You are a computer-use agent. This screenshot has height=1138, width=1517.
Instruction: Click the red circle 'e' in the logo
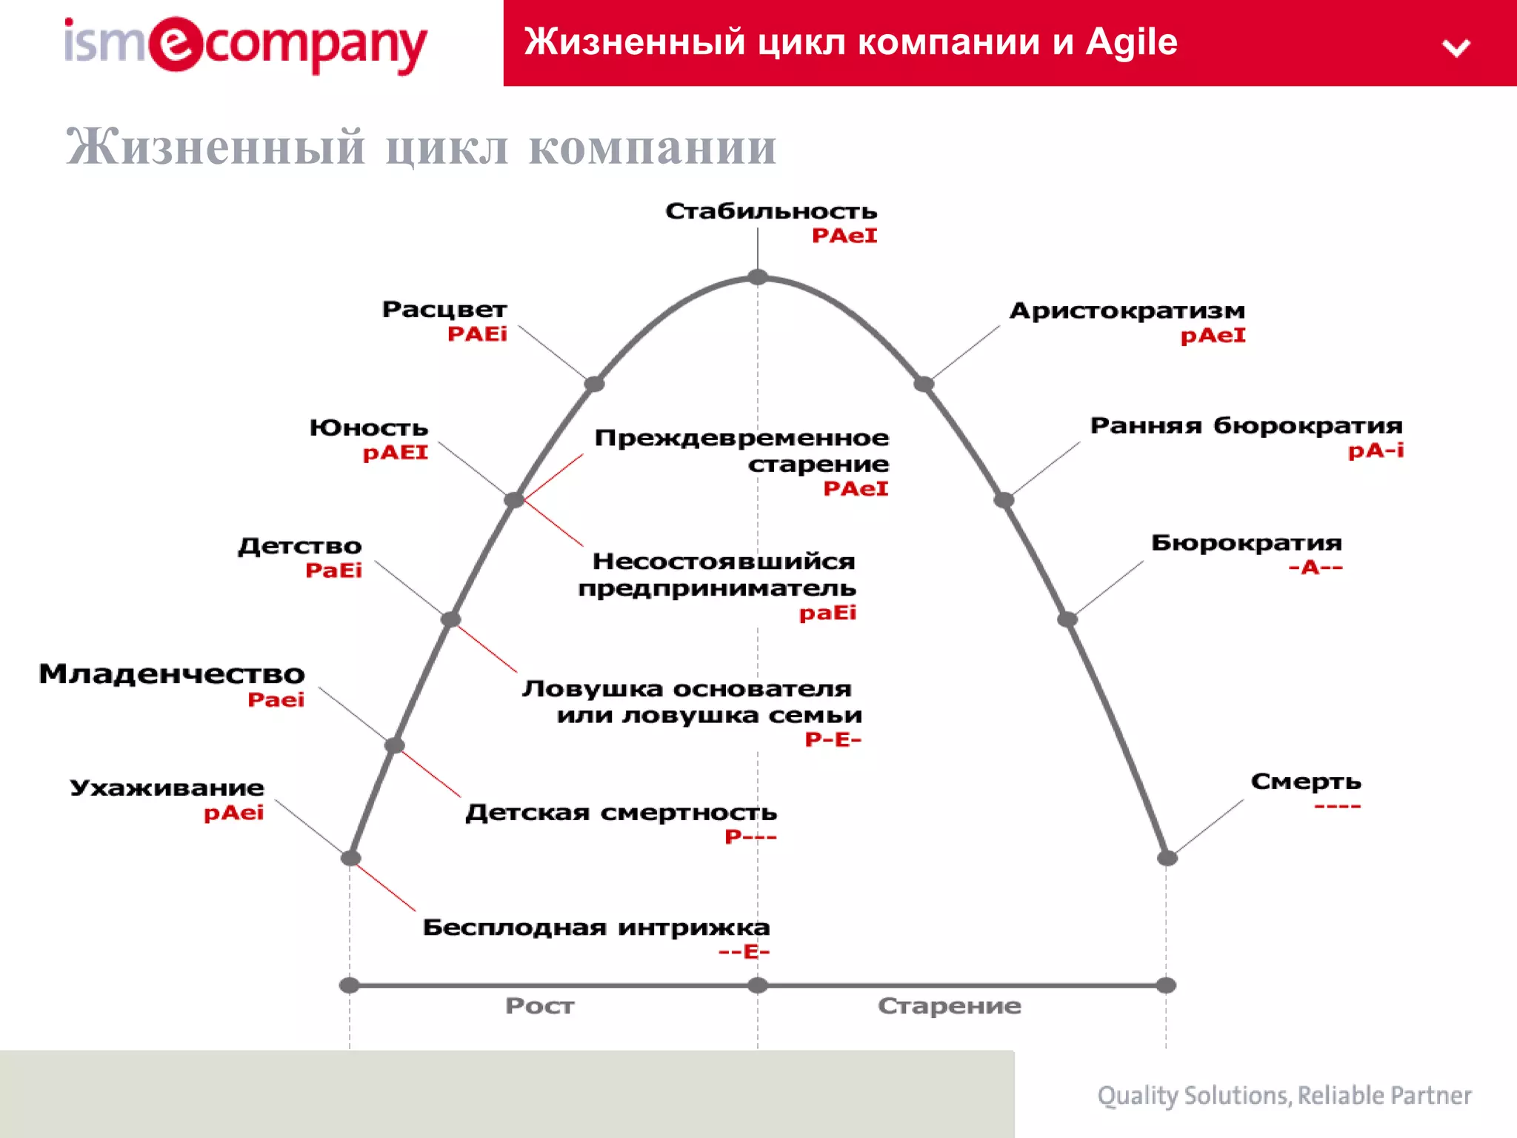(176, 44)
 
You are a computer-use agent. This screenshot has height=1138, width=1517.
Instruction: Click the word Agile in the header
(1131, 42)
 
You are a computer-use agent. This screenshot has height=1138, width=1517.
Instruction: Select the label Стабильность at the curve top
(770, 211)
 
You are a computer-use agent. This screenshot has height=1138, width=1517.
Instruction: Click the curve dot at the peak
(757, 277)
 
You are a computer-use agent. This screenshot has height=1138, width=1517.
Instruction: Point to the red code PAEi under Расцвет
(477, 334)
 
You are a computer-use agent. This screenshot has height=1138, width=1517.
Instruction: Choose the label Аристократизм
(1127, 310)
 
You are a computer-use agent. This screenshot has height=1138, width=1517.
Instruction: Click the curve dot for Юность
(513, 500)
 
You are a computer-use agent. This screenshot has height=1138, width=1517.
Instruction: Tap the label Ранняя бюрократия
(1246, 426)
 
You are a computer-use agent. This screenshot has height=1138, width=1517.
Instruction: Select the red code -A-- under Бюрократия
(1315, 568)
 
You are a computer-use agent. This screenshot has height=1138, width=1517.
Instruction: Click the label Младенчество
(172, 674)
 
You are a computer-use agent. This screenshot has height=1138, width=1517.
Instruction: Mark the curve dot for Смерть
(1167, 858)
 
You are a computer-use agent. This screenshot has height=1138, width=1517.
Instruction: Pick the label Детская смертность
(621, 813)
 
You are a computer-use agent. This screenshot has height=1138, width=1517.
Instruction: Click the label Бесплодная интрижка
(596, 928)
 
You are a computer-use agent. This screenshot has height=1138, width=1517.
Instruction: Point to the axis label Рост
(539, 1006)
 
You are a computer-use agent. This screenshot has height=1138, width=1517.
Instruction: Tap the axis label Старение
(949, 1006)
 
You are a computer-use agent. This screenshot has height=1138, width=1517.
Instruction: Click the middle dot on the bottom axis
(757, 985)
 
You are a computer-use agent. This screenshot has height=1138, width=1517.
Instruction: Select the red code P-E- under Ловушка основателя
(833, 739)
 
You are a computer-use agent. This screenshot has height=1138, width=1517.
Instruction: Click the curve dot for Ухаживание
(350, 858)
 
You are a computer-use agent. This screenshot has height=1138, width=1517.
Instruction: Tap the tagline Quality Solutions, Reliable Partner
(1284, 1096)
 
